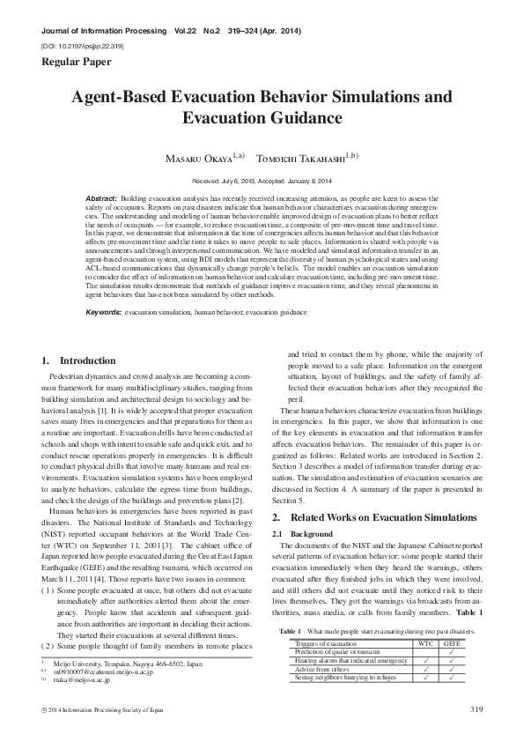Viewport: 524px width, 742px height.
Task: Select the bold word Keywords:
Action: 104,313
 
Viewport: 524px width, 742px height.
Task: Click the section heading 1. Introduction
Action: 78,360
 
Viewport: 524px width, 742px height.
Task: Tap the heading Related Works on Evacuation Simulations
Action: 387,517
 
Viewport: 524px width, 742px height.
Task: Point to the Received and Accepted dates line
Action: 262,180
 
